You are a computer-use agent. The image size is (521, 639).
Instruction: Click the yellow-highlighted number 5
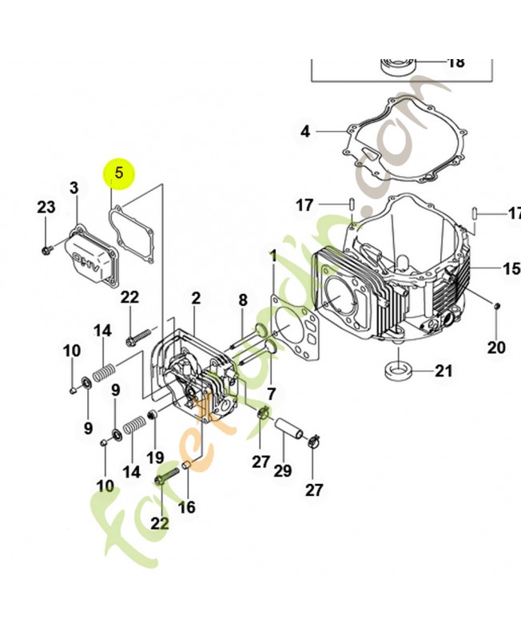point(119,171)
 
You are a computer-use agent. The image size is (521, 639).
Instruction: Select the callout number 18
point(455,62)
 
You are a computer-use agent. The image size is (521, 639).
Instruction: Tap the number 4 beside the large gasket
point(305,131)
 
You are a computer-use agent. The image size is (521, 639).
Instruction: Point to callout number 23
point(46,208)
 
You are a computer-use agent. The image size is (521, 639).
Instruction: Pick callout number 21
point(443,371)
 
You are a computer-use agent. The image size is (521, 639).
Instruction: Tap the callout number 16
point(186,506)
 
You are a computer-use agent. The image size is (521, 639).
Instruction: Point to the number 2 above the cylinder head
point(195,299)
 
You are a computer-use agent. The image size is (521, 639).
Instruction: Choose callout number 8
point(243,300)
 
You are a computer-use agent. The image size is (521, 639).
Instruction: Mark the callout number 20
point(496,347)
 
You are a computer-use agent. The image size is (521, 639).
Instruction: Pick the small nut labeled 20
point(497,307)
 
